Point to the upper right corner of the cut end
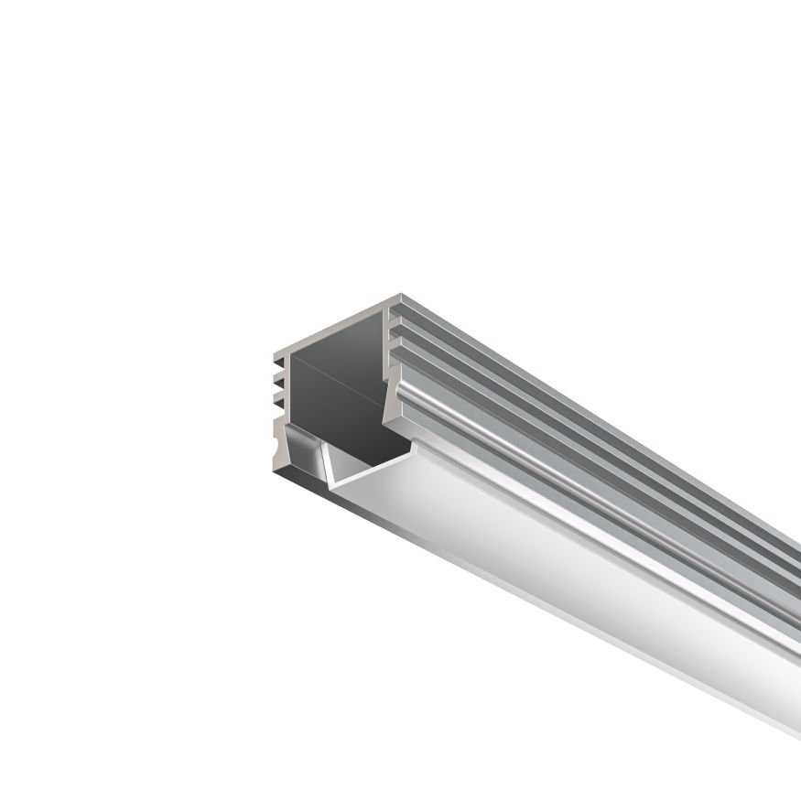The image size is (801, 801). point(400,298)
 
